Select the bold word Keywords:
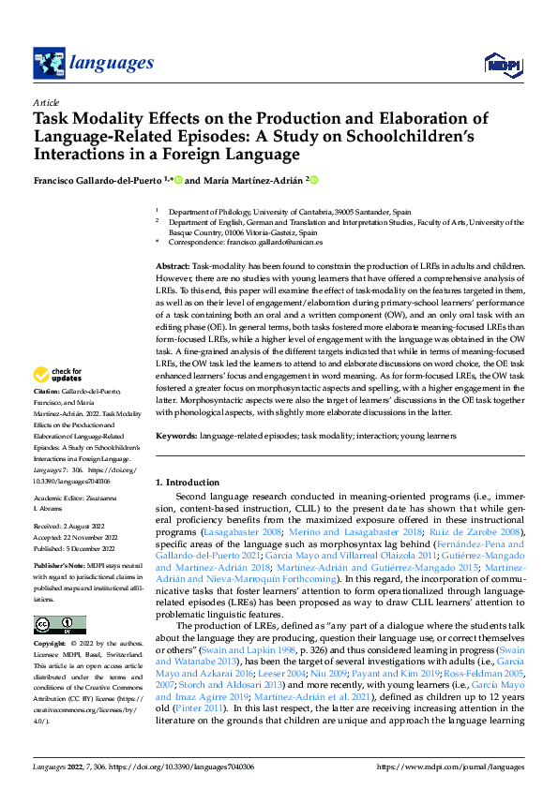point(176,437)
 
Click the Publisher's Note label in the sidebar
point(59,567)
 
